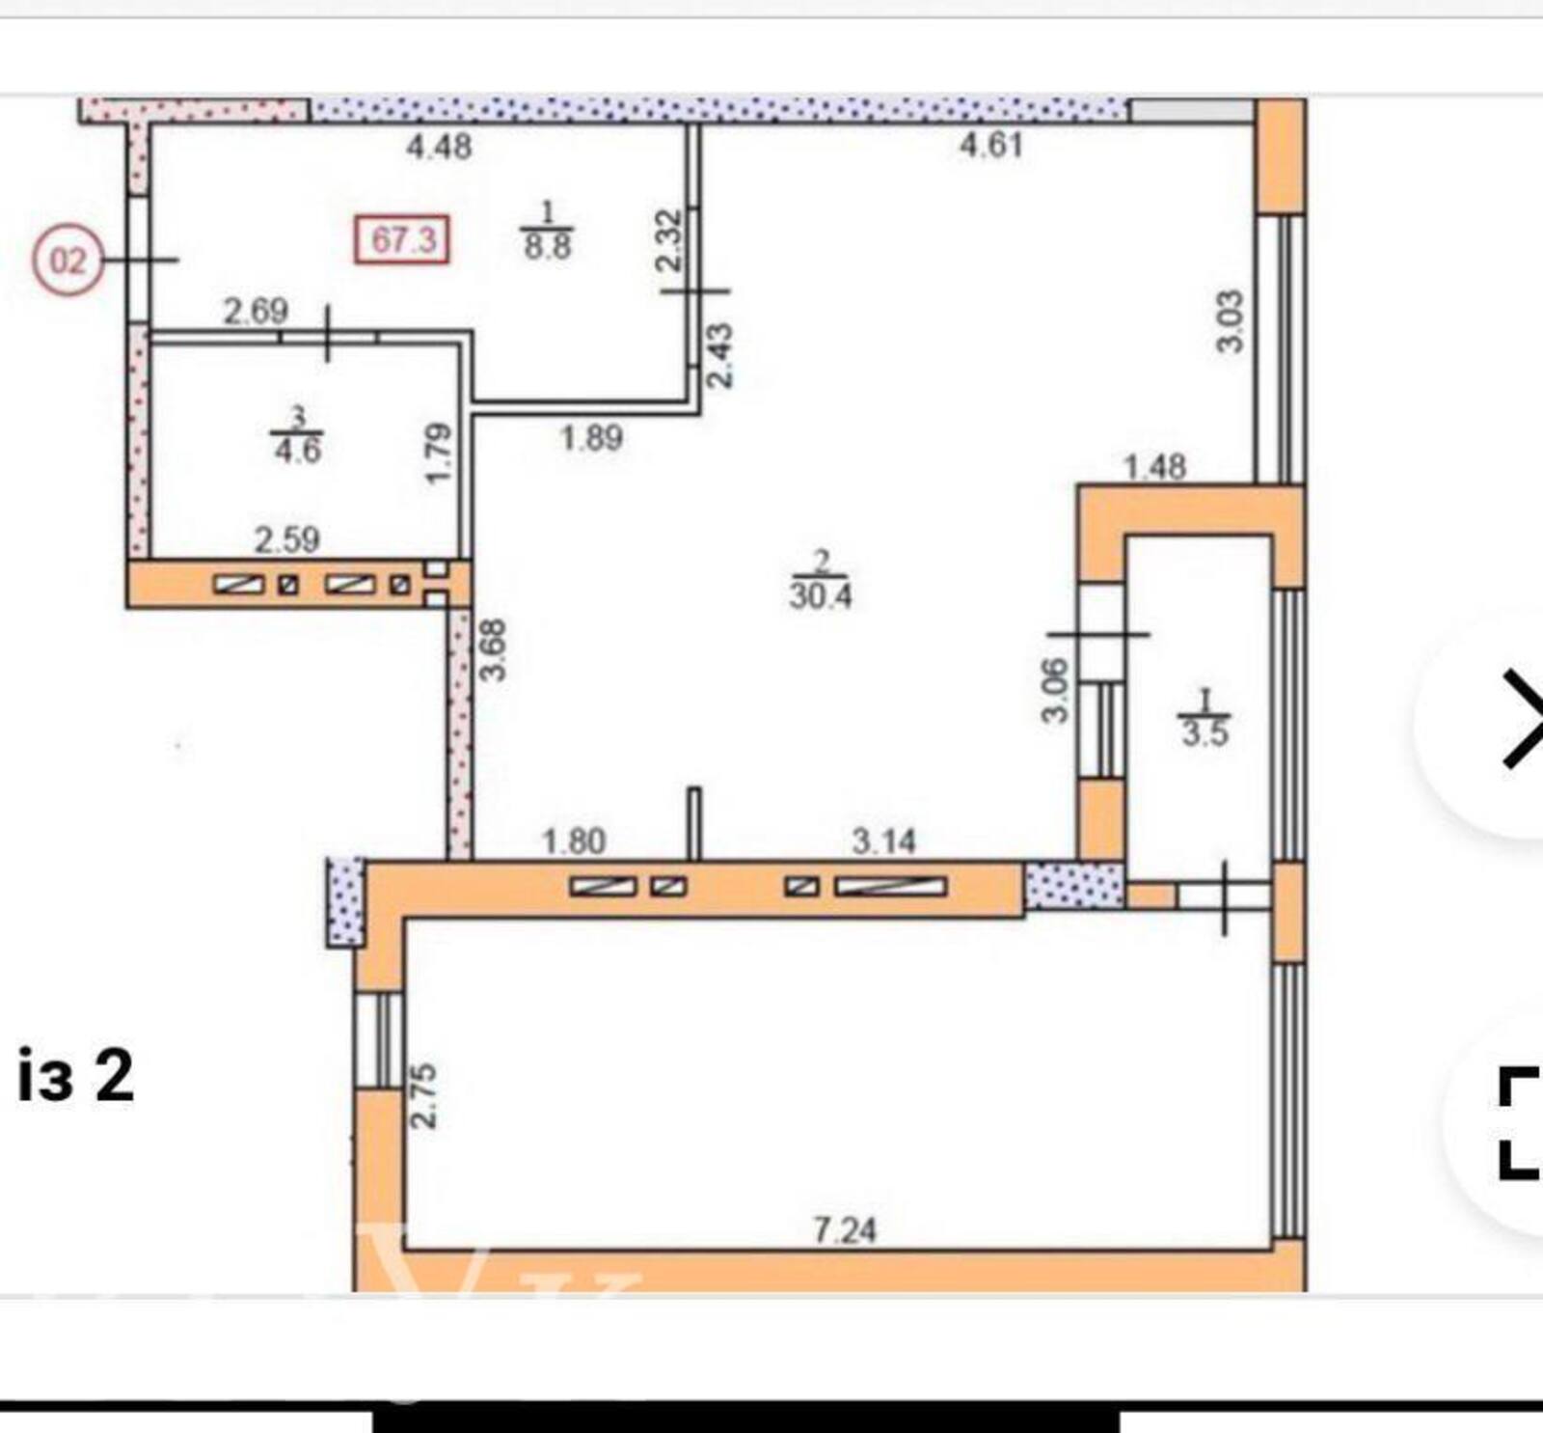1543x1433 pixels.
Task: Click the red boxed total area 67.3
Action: click(x=402, y=238)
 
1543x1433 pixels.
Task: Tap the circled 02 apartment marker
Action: click(x=68, y=261)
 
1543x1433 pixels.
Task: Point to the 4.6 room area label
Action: click(x=297, y=450)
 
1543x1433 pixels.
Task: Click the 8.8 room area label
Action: click(x=547, y=244)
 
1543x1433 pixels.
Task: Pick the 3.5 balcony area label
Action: click(x=1205, y=732)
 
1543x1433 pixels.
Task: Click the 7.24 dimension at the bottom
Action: click(x=845, y=1230)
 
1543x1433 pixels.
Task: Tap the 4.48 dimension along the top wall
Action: click(x=439, y=147)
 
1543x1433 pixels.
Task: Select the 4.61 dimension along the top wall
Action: click(x=990, y=145)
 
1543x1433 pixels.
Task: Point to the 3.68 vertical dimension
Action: click(x=494, y=649)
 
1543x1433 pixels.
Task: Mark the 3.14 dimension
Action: click(x=883, y=842)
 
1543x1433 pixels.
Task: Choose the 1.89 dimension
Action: click(x=592, y=438)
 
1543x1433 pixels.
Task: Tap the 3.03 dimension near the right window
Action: click(x=1231, y=321)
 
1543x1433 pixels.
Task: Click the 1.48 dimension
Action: click(x=1155, y=467)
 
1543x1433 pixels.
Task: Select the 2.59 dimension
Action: click(x=287, y=539)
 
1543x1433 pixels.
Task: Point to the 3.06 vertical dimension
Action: click(x=1055, y=690)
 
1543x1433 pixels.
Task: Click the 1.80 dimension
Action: click(x=574, y=842)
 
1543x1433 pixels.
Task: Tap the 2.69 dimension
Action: click(x=256, y=312)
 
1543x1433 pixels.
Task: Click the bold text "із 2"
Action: click(x=75, y=1076)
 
